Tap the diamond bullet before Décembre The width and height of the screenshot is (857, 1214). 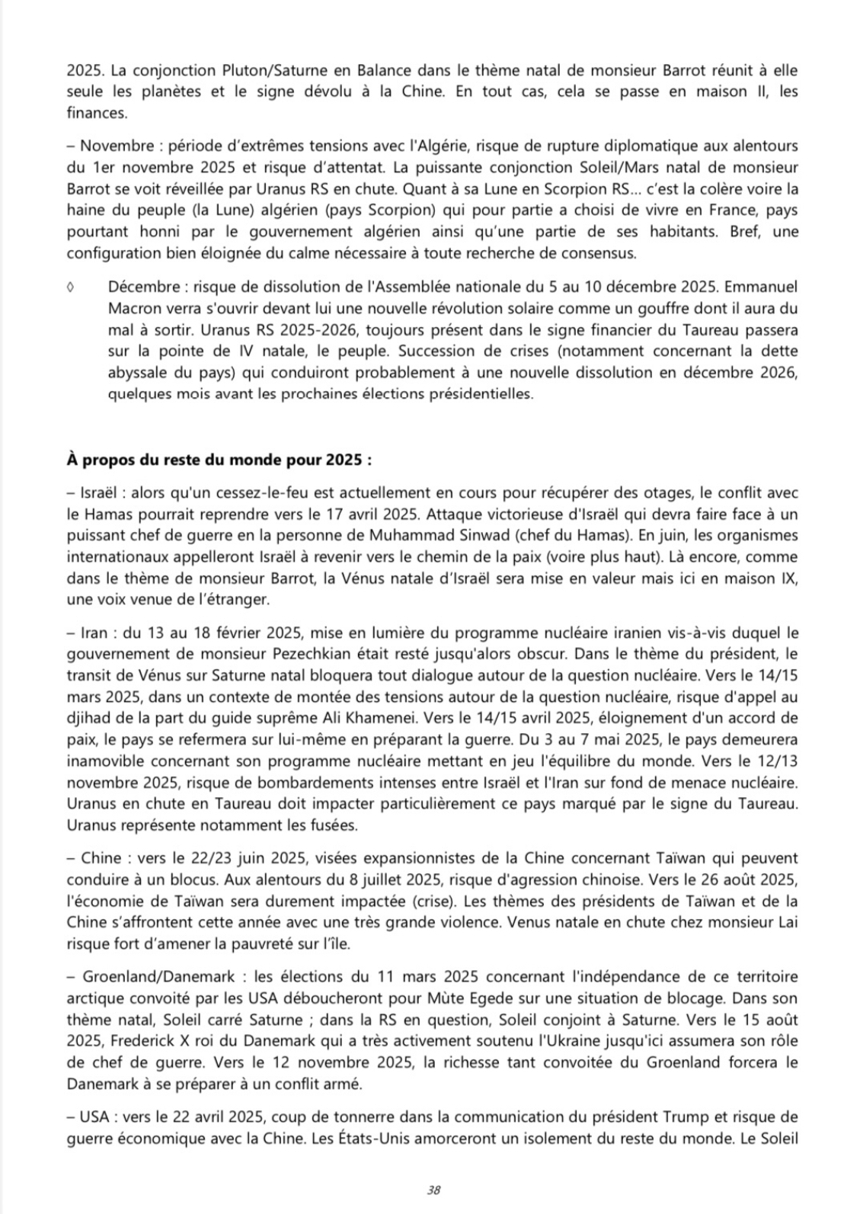(70, 288)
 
